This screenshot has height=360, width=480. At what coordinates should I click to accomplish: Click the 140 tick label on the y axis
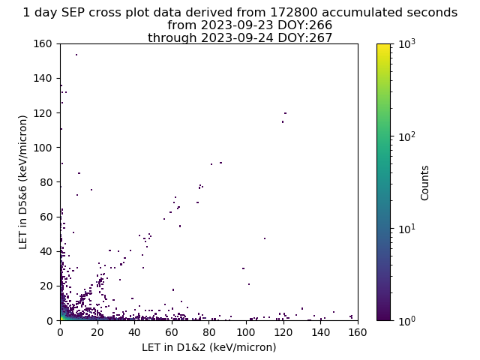pyautogui.click(x=43, y=78)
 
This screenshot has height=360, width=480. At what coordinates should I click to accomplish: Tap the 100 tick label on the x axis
pyautogui.click(x=246, y=332)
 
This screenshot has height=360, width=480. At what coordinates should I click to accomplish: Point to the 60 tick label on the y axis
pyautogui.click(x=46, y=217)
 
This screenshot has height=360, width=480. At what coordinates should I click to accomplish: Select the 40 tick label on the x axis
pyautogui.click(x=135, y=332)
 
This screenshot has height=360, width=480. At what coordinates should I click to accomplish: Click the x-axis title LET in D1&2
pyautogui.click(x=209, y=347)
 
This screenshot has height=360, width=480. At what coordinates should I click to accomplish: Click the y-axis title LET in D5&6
pyautogui.click(x=23, y=182)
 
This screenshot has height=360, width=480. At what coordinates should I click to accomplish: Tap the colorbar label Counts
pyautogui.click(x=424, y=183)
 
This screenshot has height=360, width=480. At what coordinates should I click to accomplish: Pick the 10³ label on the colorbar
pyautogui.click(x=406, y=44)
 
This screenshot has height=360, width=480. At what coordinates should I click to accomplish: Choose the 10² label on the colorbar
pyautogui.click(x=406, y=136)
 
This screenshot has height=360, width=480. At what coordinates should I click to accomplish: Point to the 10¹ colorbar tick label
pyautogui.click(x=406, y=229)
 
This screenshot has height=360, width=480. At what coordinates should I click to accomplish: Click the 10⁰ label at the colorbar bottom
pyautogui.click(x=406, y=320)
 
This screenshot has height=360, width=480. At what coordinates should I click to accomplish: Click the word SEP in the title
pyautogui.click(x=72, y=13)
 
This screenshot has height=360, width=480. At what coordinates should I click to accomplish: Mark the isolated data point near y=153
pyautogui.click(x=76, y=55)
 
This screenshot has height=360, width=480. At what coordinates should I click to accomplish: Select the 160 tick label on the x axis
pyautogui.click(x=358, y=332)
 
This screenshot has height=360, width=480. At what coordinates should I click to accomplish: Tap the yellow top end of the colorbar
pyautogui.click(x=383, y=45)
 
